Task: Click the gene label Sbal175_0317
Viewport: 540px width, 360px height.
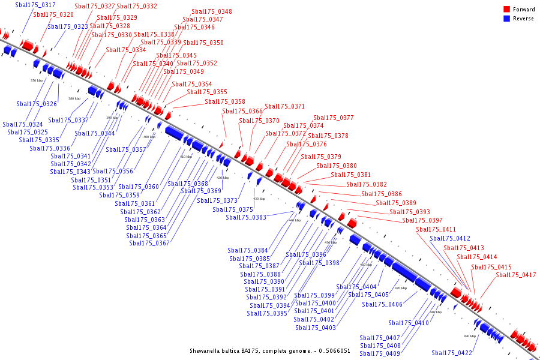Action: pos(35,5)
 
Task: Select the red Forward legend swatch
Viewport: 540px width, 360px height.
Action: pos(506,10)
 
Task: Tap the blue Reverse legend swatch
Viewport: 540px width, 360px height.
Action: pos(506,19)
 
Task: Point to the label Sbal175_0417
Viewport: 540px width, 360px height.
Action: pos(515,275)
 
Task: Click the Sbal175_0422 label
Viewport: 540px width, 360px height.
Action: pos(452,353)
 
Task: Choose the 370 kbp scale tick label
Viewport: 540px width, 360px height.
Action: pos(37,80)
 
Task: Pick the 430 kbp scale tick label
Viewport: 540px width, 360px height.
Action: pos(259,199)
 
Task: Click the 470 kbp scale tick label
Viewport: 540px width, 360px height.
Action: pos(401,289)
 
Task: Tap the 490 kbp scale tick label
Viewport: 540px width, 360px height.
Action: pos(470,336)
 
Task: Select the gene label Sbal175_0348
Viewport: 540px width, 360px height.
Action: pos(212,12)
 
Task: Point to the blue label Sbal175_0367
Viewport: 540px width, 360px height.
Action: pos(149,243)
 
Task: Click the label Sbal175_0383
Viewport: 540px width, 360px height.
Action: pos(246,217)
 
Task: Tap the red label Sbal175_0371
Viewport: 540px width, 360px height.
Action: pos(284,107)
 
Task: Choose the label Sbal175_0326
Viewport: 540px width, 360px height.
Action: pos(37,104)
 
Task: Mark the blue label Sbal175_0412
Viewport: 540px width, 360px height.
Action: pos(450,239)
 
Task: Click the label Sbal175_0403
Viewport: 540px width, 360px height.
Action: pos(316,328)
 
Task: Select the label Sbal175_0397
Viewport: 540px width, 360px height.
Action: pos(422,221)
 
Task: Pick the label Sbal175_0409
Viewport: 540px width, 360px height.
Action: pos(380,353)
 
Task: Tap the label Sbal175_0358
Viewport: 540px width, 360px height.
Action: pos(225,102)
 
